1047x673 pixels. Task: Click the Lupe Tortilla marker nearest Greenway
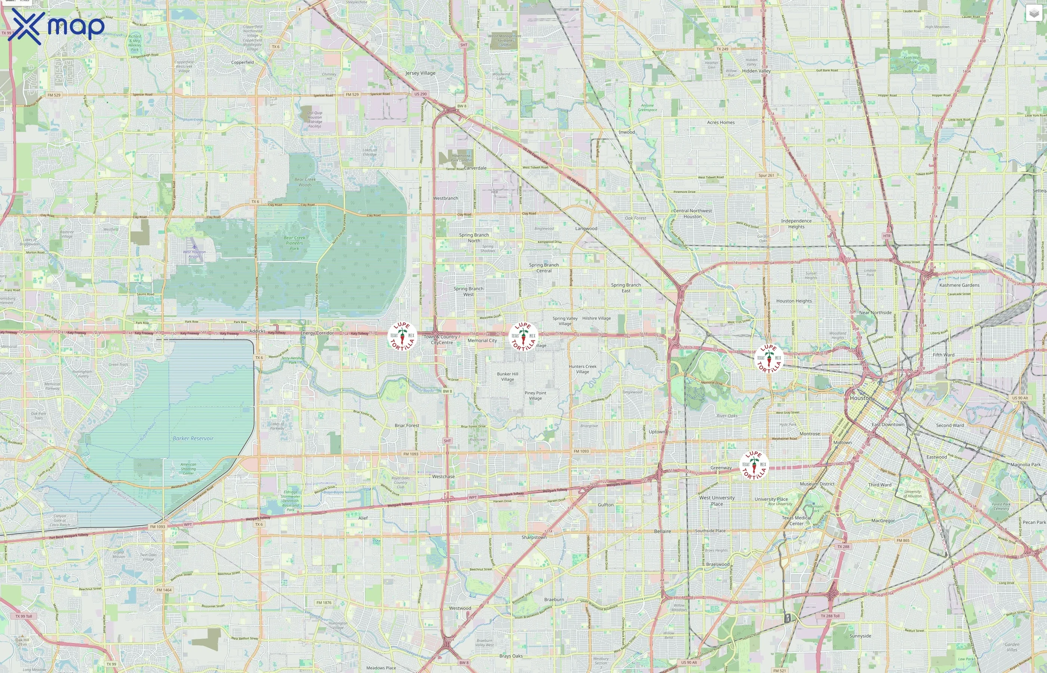[754, 465]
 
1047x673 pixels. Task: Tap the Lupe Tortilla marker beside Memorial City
[523, 336]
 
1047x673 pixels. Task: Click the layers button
[1034, 13]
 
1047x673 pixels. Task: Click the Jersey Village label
[420, 73]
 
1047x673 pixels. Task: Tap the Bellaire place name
[663, 531]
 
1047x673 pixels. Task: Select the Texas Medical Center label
[796, 520]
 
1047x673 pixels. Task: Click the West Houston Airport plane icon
[194, 247]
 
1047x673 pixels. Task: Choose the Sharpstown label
[534, 537]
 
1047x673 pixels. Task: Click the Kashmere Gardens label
[959, 285]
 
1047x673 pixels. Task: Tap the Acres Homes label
[721, 122]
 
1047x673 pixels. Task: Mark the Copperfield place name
[243, 62]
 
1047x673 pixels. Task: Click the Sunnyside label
[860, 636]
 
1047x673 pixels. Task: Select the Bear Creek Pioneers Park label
[295, 243]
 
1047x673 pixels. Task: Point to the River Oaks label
[727, 416]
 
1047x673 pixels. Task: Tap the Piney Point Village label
[535, 396]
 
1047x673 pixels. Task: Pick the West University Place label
[717, 501]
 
